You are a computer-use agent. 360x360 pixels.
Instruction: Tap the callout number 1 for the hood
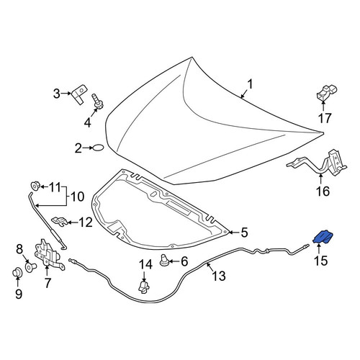250,84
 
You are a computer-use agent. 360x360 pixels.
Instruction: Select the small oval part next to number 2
98,148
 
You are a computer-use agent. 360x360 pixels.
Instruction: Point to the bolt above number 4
96,101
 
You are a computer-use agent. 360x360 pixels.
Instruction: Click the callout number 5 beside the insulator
244,233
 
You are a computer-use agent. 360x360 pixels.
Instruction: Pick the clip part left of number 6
164,260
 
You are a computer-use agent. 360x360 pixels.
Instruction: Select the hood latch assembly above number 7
49,253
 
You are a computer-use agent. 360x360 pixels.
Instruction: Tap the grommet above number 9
17,272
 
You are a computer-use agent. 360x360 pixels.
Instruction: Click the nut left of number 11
35,186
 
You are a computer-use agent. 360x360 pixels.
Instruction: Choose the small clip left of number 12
59,220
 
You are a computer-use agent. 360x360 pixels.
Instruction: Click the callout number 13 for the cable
219,276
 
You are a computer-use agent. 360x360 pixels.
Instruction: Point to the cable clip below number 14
144,287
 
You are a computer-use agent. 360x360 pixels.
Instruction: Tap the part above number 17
326,93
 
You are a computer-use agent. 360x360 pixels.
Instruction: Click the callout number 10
77,197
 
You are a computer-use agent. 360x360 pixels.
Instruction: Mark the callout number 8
19,249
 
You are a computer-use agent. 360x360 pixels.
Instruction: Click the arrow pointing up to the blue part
319,248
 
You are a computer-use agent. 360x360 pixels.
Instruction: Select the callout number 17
325,118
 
